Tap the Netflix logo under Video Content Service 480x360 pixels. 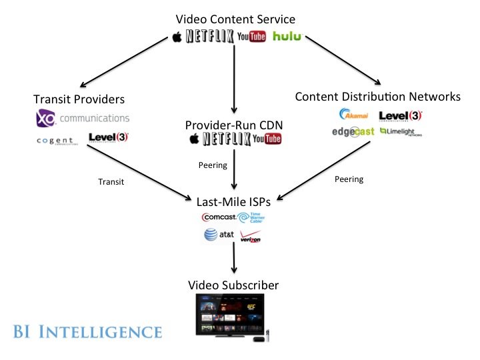tap(210, 36)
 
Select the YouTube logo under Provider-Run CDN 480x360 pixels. tap(267, 139)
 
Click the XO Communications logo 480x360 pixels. tap(82, 119)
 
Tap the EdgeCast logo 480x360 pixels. tap(353, 132)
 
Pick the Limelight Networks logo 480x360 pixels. tap(401, 132)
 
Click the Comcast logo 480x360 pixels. tap(218, 217)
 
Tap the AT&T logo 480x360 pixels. tap(217, 235)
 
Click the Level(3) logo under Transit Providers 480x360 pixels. tap(108, 138)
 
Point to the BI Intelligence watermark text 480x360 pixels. tap(86, 331)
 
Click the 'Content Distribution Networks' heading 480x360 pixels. tap(377, 97)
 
